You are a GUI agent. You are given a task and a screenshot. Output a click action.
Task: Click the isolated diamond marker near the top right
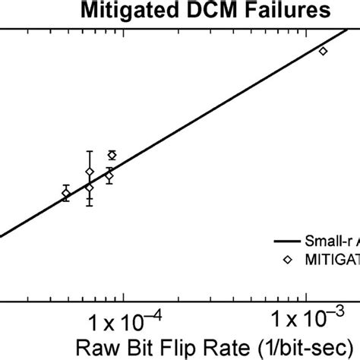(x=323, y=51)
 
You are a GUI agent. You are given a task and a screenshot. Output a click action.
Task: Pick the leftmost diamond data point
(x=65, y=194)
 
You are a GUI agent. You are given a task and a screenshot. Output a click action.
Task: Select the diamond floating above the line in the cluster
(x=112, y=155)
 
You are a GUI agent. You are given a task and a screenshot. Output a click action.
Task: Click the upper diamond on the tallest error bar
(x=90, y=172)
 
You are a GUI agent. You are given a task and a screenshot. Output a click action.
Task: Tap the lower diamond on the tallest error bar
(x=90, y=188)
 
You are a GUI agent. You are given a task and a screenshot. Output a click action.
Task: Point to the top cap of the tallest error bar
(x=90, y=151)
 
